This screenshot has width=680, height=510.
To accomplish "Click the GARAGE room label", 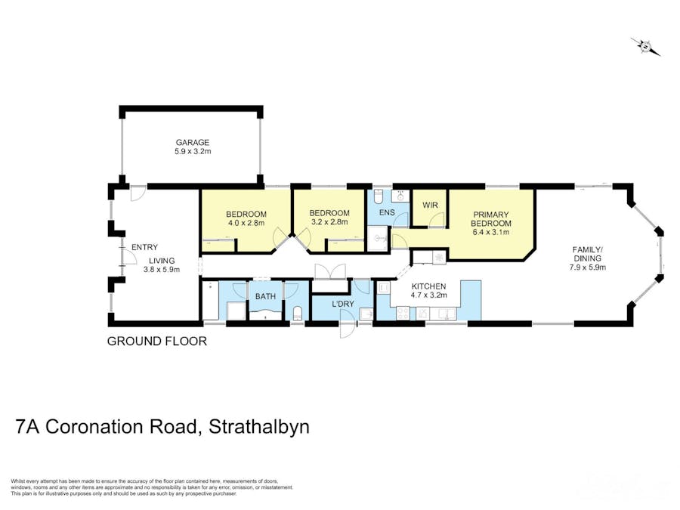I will [x=193, y=142].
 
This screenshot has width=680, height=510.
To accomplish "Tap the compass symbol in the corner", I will [x=646, y=47].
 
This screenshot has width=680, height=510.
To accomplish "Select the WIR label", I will [x=430, y=206].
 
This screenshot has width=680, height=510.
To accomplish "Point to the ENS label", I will [x=386, y=213].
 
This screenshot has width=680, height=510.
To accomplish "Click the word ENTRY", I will [x=144, y=247].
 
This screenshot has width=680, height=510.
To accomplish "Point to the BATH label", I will [x=265, y=297].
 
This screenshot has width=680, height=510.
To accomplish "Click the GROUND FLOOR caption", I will [x=156, y=341].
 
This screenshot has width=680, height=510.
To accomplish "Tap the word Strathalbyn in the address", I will [x=259, y=427].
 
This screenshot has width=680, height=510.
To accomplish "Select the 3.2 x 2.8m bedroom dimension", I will [x=329, y=222].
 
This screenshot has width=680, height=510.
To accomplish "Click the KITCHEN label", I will [x=428, y=286].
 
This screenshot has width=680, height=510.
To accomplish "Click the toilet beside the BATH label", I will [x=297, y=312].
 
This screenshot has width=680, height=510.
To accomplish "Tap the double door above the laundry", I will [x=330, y=271].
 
